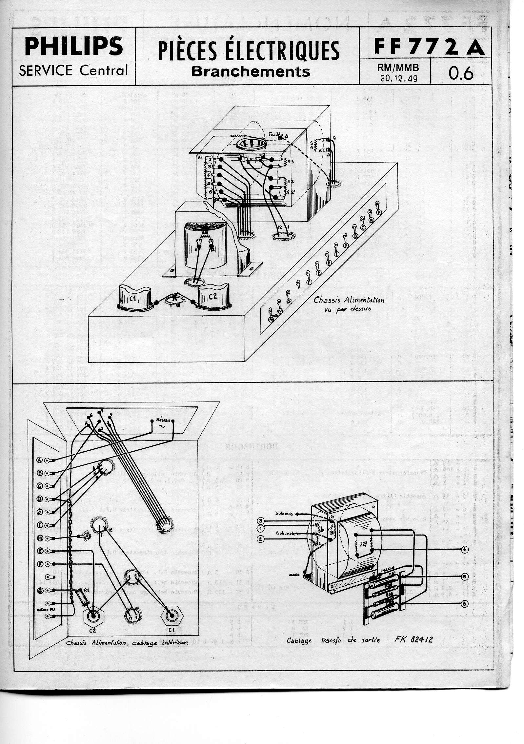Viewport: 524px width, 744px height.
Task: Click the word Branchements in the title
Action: tap(251, 71)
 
